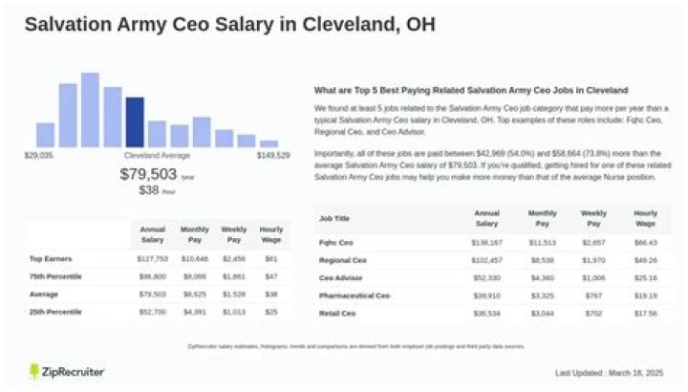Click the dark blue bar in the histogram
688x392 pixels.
pyautogui.click(x=135, y=121)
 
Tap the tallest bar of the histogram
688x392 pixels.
pyautogui.click(x=90, y=109)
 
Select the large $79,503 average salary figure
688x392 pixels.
pyautogui.click(x=149, y=174)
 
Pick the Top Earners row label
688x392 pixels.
pyautogui.click(x=51, y=259)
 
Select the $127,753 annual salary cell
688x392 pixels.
pyautogui.click(x=153, y=259)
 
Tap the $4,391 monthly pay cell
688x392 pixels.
pyautogui.click(x=194, y=312)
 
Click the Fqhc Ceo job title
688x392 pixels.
pyautogui.click(x=334, y=244)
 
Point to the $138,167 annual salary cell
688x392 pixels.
pyautogui.click(x=486, y=244)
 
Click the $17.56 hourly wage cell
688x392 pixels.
pyautogui.click(x=646, y=313)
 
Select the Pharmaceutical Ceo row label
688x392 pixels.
pyautogui.click(x=355, y=295)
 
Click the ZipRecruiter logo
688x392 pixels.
pyautogui.click(x=67, y=371)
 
